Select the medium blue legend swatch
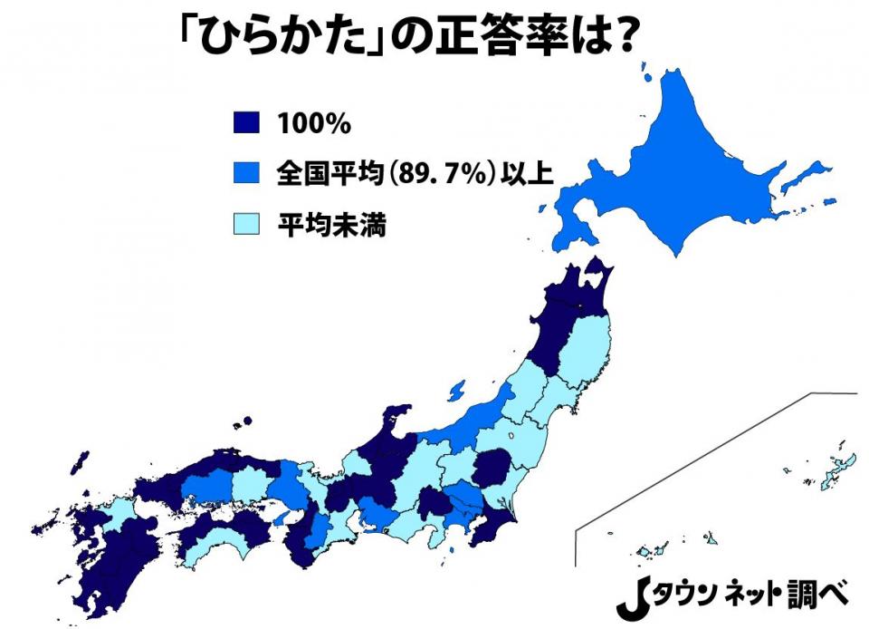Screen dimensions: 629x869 tap(245, 174)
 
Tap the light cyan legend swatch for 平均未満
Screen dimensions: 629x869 tap(245, 224)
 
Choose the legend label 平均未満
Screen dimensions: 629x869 tap(331, 225)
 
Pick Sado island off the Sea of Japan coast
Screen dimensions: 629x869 tap(456, 390)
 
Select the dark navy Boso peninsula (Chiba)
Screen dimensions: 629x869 tap(493, 530)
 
